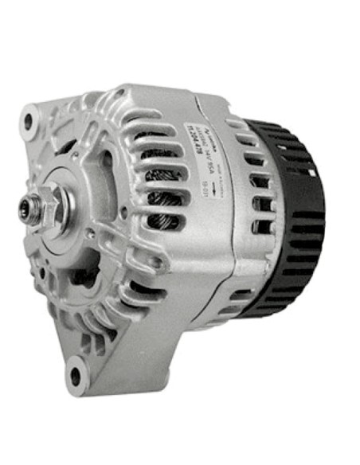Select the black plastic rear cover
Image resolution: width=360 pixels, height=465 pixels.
pos(291,215)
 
